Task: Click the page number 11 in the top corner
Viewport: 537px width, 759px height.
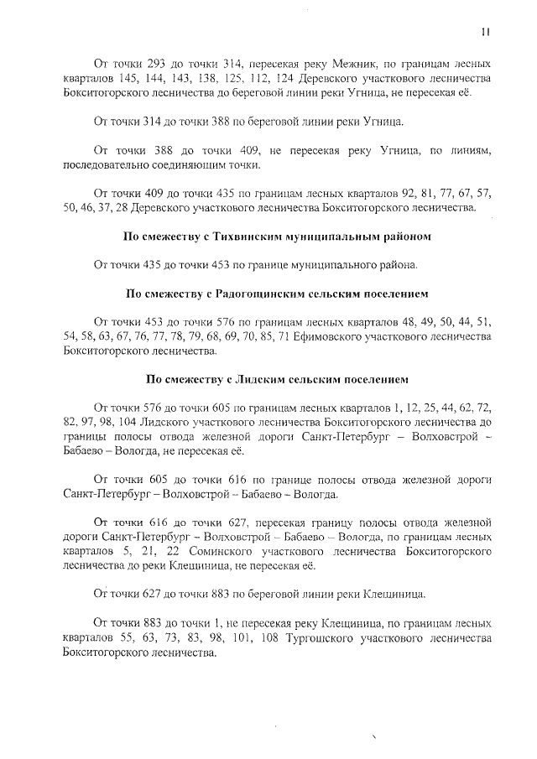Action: point(485,32)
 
